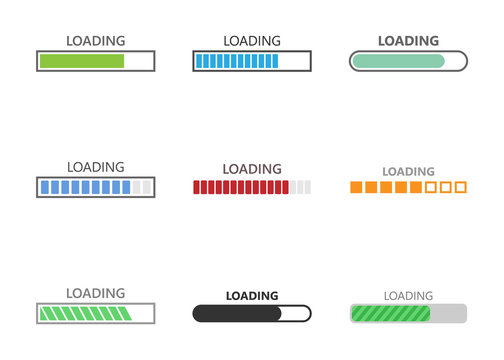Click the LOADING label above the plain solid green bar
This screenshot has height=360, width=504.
[96, 41]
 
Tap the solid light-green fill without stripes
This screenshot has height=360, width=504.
[81, 62]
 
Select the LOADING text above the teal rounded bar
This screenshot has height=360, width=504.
[408, 41]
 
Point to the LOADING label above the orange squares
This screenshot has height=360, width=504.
[408, 172]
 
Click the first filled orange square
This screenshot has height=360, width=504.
[356, 187]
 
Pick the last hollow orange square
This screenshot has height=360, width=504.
[460, 187]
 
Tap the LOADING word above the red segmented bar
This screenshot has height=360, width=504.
[252, 168]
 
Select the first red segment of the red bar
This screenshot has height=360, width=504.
[197, 187]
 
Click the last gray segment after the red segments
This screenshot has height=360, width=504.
[307, 187]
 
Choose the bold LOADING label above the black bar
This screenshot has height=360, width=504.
[252, 295]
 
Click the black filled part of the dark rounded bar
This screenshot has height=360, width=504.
[236, 314]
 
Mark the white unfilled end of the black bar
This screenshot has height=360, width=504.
[296, 314]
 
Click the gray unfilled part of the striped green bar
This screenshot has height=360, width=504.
[448, 314]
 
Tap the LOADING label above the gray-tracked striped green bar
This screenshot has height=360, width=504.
[408, 295]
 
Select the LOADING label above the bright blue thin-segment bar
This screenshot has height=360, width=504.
[252, 41]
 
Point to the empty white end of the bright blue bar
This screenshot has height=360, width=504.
[294, 62]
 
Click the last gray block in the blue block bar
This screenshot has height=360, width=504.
[148, 187]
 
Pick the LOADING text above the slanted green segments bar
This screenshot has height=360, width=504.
[96, 294]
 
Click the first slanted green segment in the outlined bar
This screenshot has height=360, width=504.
[45, 314]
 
